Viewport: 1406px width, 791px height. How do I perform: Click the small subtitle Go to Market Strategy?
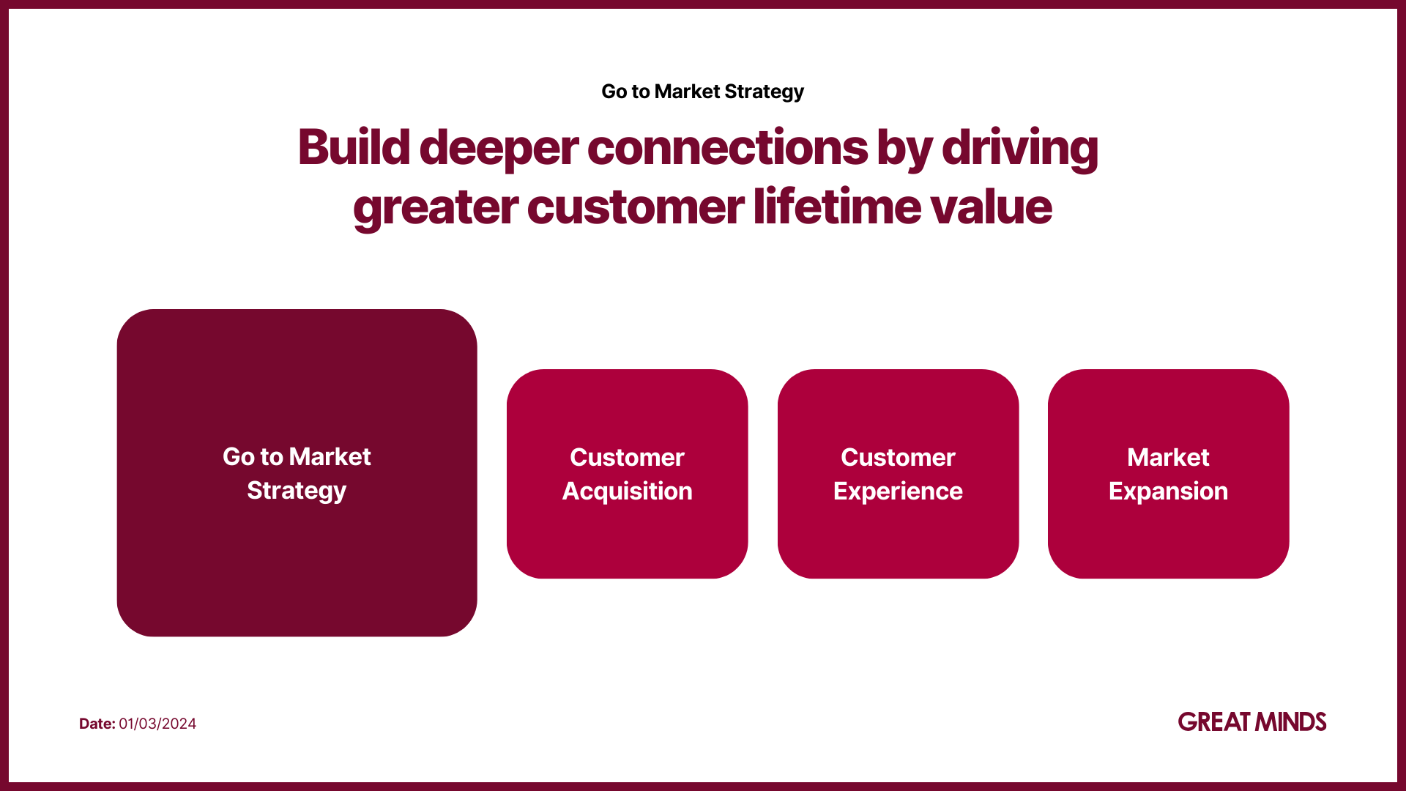pyautogui.click(x=702, y=92)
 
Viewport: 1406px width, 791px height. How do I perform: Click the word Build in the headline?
pyautogui.click(x=354, y=147)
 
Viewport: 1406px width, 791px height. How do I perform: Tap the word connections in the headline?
pyautogui.click(x=727, y=147)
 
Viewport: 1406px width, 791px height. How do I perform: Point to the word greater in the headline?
pyautogui.click(x=435, y=209)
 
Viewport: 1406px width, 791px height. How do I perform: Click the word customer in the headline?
pyautogui.click(x=635, y=207)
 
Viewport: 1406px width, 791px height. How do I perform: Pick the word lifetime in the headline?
pyautogui.click(x=836, y=206)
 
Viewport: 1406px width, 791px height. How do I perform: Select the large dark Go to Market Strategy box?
pyautogui.click(x=297, y=472)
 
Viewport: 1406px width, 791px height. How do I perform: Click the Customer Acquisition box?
pyautogui.click(x=627, y=474)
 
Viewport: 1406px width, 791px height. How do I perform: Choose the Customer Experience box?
pyautogui.click(x=898, y=474)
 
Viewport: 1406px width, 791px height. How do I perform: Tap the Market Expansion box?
pyautogui.click(x=1168, y=474)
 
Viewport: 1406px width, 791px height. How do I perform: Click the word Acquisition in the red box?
pyautogui.click(x=627, y=491)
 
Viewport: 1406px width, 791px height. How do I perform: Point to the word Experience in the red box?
pyautogui.click(x=898, y=491)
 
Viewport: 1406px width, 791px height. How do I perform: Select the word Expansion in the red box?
pyautogui.click(x=1168, y=491)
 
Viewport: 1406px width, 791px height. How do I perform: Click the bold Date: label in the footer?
pyautogui.click(x=97, y=724)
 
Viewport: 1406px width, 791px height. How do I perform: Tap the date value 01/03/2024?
pyautogui.click(x=157, y=724)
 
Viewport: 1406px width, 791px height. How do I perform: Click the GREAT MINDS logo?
pyautogui.click(x=1252, y=722)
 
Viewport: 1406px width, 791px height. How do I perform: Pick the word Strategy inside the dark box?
pyautogui.click(x=297, y=491)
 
